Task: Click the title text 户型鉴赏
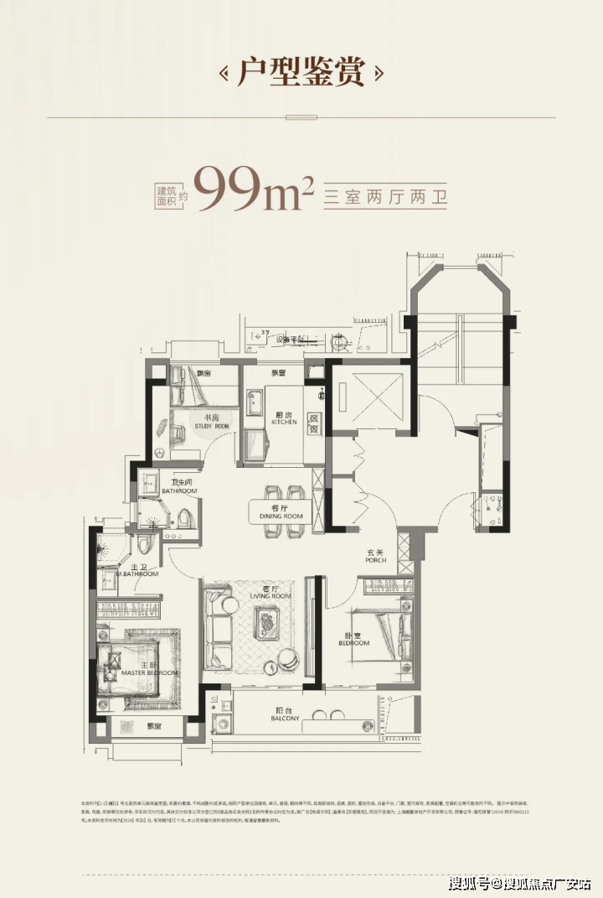[x=301, y=73]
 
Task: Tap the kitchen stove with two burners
[x=313, y=423]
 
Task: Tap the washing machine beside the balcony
[x=224, y=720]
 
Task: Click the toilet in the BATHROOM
[x=185, y=515]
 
